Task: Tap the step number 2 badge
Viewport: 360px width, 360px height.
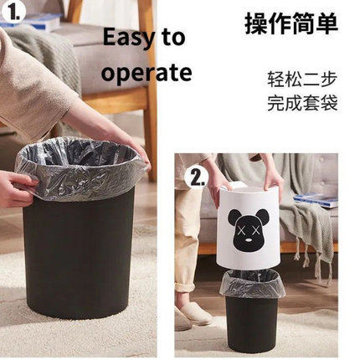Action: click(x=198, y=177)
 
